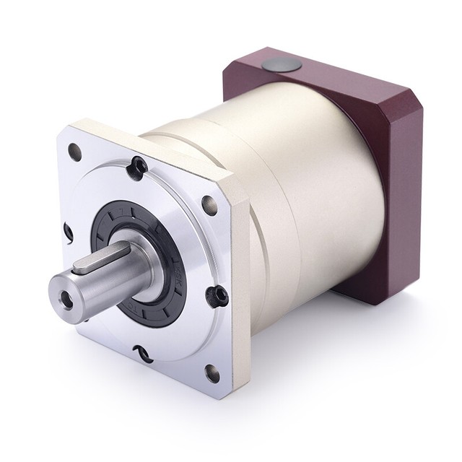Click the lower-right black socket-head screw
216,295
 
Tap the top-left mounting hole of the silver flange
74,152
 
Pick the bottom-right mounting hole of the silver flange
212,373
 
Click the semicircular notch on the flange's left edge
69,232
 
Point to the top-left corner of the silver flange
64,130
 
